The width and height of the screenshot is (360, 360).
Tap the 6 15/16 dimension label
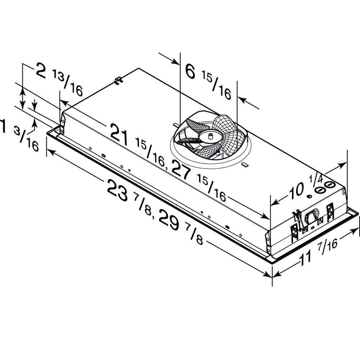tap(208, 81)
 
